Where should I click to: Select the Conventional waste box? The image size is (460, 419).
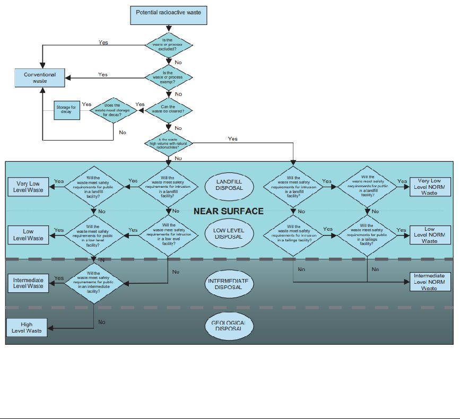(x=40, y=78)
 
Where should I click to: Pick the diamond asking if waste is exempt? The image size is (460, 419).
(x=168, y=77)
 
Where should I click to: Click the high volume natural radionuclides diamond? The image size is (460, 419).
(x=168, y=143)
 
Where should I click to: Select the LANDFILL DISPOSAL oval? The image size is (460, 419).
(x=229, y=185)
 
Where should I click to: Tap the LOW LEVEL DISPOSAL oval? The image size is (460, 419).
(x=229, y=233)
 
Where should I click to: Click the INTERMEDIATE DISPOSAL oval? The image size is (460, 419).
(x=229, y=283)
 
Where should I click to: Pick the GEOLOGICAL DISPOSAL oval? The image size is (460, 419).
(x=229, y=325)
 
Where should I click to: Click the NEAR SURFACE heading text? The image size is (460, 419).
(x=228, y=211)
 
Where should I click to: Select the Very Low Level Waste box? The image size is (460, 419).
(x=28, y=186)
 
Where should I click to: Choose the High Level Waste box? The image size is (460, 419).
(x=27, y=328)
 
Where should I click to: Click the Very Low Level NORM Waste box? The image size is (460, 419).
(x=430, y=186)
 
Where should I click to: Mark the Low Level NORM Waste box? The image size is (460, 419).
(x=430, y=235)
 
